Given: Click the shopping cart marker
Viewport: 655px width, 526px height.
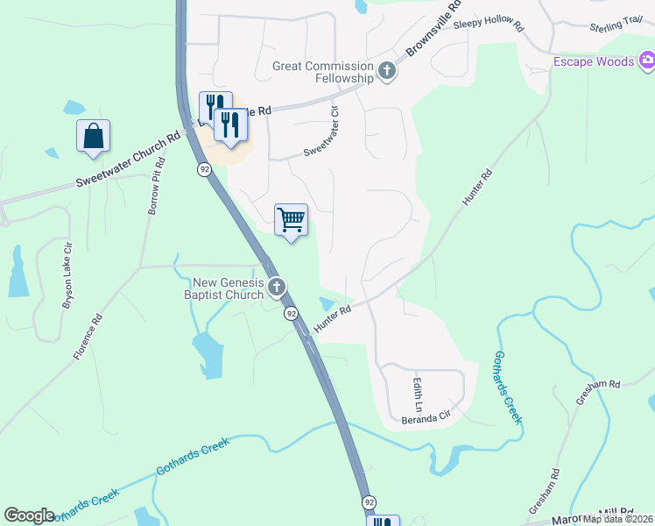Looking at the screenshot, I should tap(291, 220).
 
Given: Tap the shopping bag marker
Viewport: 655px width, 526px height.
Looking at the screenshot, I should tap(93, 136).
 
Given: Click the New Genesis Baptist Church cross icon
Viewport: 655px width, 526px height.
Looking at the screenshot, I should tap(277, 287).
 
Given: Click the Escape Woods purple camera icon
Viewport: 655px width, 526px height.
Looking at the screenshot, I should tap(647, 60).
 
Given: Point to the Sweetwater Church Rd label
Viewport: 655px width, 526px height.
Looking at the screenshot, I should tap(128, 159).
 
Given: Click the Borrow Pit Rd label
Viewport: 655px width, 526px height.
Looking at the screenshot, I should tap(156, 188).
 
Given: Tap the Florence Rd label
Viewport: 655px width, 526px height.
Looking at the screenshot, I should tap(87, 338).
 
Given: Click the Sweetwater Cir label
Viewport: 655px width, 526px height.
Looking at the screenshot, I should tap(321, 131).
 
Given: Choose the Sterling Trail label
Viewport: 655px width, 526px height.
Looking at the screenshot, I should tap(616, 25).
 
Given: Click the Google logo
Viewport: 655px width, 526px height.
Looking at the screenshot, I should tap(29, 515).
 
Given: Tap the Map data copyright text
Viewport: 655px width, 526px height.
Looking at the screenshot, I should tap(617, 519).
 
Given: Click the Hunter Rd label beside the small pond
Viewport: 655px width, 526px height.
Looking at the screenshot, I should tap(333, 317).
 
